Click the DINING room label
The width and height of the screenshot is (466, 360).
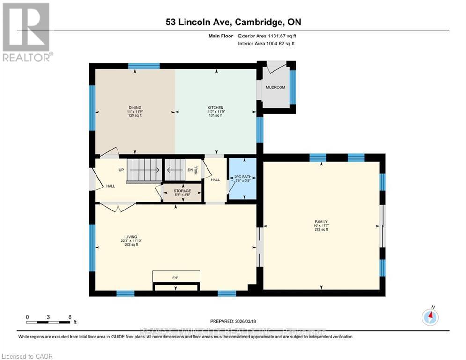135,107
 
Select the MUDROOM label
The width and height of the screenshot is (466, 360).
275,87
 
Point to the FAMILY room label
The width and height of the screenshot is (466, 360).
321,221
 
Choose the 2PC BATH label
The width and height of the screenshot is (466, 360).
243,177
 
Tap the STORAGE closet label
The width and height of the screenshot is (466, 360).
182,191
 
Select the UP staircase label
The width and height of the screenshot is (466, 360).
121,170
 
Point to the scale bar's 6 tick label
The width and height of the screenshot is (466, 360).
70,317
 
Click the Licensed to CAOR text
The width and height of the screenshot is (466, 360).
29,356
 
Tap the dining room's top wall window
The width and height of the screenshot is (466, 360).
144,66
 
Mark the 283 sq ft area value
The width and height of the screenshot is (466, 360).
321,230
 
